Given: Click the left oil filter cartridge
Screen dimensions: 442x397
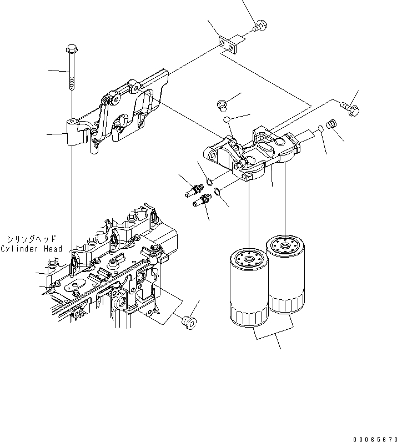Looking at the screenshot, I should pyautogui.click(x=248, y=289).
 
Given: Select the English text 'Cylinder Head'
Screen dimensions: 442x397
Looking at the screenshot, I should pyautogui.click(x=32, y=249).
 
